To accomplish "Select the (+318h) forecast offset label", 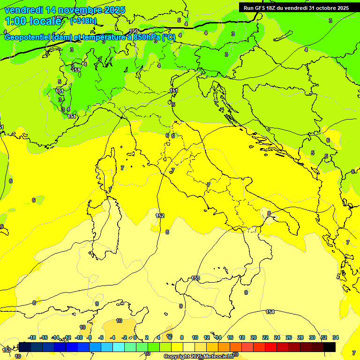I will point(83,21).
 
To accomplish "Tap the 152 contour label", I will point(160,216).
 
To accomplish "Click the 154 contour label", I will point(270,312).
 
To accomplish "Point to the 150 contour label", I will point(134,31).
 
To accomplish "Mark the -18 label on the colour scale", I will point(32,337).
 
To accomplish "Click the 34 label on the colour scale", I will point(336,337).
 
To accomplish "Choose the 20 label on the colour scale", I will point(254,337).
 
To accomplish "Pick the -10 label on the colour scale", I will point(79,337).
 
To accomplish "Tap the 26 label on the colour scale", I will point(289,337).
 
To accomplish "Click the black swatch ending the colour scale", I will point(330,347).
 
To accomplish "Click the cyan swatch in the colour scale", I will point(119,347).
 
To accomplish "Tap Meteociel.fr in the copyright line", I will point(216,357).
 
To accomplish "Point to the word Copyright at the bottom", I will point(177,357).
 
